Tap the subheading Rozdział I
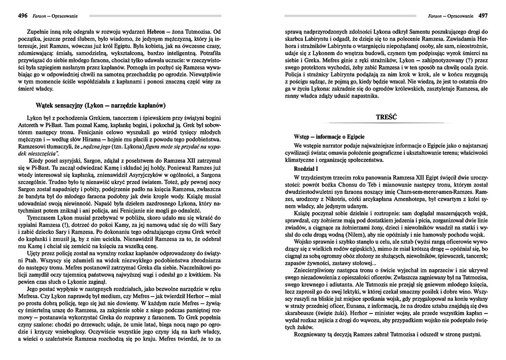[x=307, y=168]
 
